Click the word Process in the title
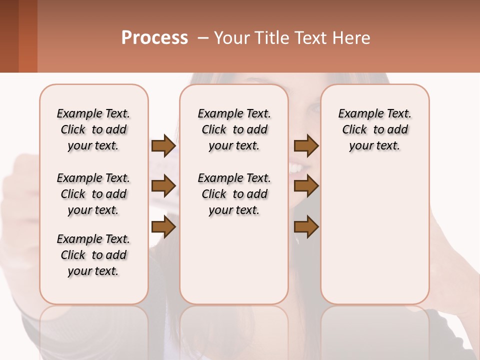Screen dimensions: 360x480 tap(154, 38)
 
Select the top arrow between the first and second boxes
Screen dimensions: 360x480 tap(163, 146)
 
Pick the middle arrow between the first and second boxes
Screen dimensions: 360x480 tap(163, 186)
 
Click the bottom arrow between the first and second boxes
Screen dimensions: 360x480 tap(163, 227)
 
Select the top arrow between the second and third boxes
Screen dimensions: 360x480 tap(306, 146)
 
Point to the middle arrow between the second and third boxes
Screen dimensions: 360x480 tap(306, 186)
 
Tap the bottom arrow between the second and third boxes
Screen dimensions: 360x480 tap(306, 227)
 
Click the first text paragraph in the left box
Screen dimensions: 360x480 tap(93, 129)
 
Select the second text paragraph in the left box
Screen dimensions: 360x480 tap(93, 194)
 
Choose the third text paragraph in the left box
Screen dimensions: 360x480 tap(93, 255)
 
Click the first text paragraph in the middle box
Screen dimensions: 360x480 tap(234, 129)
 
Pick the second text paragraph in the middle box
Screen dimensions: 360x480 tap(234, 194)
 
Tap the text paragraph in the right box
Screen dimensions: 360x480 tap(375, 129)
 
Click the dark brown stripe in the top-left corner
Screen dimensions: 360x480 tap(9, 35)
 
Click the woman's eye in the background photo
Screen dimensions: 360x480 tap(314, 107)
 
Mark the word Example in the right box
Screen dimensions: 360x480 tap(358, 114)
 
